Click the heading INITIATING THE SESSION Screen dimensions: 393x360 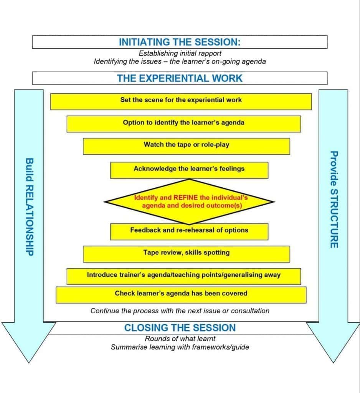coord(180,42)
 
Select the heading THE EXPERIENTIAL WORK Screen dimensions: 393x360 coord(180,78)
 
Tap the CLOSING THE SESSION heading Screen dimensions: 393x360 coord(180,328)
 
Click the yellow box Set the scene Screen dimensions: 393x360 coord(181,100)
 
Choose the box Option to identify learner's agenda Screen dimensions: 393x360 coord(183,123)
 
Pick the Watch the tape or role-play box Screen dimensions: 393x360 coord(186,145)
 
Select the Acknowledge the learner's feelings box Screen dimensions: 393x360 coord(189,169)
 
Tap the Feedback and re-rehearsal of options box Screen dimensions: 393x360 coord(189,230)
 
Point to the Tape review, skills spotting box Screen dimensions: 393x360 coord(186,253)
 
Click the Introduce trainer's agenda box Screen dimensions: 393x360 coord(183,275)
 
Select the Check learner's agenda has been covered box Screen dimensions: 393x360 coord(181,294)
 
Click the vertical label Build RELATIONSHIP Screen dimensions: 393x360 coord(29,207)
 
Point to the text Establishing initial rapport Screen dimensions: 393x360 coord(180,53)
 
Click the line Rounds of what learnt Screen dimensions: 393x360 coord(180,339)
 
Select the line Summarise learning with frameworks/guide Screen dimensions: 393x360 coord(180,347)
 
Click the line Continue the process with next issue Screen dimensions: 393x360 coord(180,311)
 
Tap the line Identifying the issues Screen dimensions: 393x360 coord(180,61)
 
